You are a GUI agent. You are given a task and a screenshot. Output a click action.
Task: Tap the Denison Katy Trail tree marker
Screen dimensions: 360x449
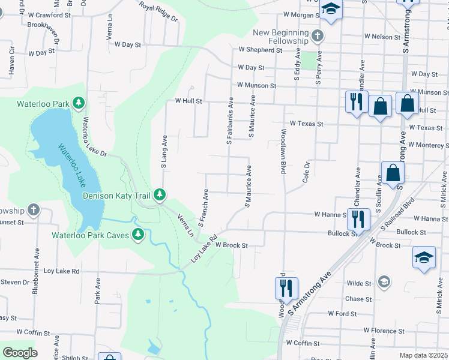click(159, 194)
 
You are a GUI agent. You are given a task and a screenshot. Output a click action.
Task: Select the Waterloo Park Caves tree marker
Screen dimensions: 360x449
click(138, 235)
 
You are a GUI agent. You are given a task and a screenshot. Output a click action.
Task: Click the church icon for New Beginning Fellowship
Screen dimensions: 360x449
click(319, 37)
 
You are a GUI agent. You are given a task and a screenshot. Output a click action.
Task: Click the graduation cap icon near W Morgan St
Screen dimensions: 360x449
click(330, 9)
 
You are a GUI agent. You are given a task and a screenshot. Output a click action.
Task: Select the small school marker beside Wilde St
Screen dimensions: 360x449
click(384, 281)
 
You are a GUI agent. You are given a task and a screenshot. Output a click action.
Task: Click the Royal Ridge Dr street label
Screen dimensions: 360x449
click(159, 11)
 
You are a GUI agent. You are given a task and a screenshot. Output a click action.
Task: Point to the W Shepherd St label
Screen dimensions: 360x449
click(260, 50)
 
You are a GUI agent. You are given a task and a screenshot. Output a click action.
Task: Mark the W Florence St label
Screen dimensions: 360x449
click(388, 330)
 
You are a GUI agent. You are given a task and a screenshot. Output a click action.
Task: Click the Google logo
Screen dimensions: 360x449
click(19, 353)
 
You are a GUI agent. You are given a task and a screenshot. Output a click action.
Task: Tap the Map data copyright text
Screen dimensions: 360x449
click(424, 355)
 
